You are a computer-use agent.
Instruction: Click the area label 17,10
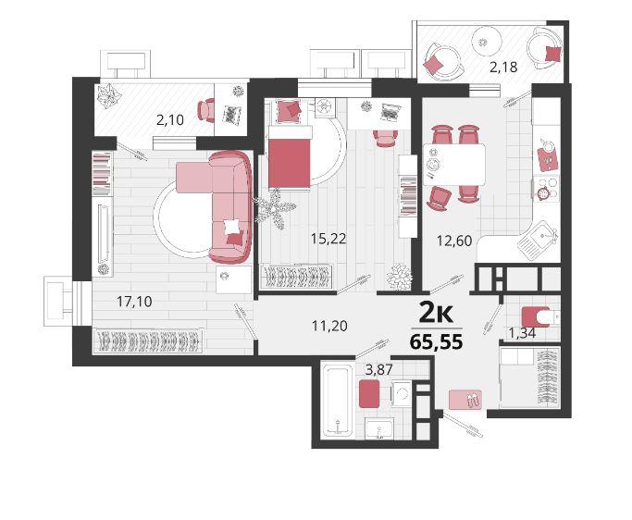click(134, 301)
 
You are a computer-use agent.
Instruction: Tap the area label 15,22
click(328, 239)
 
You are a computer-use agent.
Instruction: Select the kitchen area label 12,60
click(454, 241)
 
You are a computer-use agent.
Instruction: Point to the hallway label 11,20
click(329, 326)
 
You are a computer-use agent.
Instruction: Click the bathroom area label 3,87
click(378, 369)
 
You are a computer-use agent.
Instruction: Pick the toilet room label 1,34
click(522, 333)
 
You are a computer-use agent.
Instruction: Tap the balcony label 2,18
click(503, 67)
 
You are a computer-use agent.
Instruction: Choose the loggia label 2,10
click(170, 119)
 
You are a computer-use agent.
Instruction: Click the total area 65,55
click(436, 342)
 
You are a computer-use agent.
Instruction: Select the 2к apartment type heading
click(437, 314)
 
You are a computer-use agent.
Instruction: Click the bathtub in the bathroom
click(338, 401)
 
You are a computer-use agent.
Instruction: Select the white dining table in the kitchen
click(454, 165)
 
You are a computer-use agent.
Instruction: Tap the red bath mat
click(369, 393)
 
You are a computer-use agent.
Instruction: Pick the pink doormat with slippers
click(465, 400)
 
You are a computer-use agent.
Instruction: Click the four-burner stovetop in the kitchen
click(547, 188)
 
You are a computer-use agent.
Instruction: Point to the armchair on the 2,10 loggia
click(206, 110)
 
